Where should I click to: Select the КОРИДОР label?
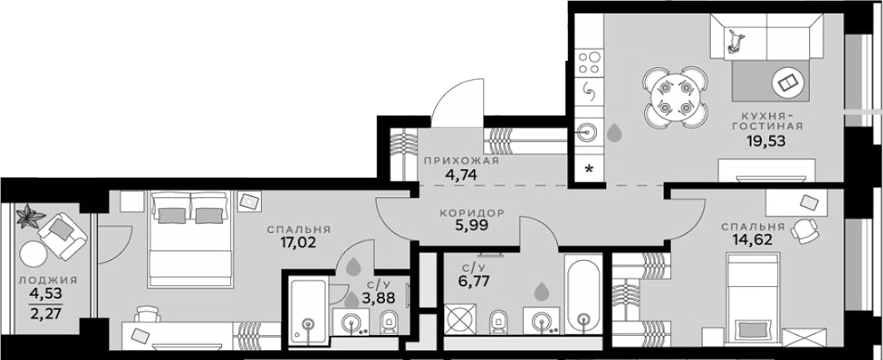472,214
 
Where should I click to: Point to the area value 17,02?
298,244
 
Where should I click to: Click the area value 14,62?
752,240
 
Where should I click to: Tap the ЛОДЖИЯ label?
47,280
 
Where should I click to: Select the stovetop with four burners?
589,62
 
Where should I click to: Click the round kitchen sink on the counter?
588,134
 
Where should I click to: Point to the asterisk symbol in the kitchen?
589,169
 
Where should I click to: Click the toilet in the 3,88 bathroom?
389,323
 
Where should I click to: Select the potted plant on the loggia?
29,216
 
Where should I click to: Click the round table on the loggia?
33,254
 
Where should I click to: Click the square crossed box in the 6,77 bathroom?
460,319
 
